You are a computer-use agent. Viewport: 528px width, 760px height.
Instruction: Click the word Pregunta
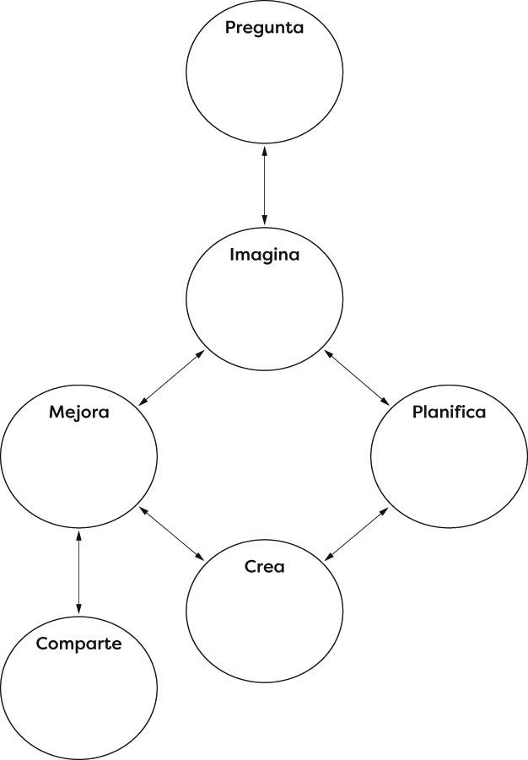[x=264, y=28]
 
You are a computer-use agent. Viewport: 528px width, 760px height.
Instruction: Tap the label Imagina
[x=264, y=254]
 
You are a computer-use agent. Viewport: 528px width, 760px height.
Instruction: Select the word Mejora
[x=78, y=412]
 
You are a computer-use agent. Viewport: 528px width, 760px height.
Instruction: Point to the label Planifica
[x=449, y=412]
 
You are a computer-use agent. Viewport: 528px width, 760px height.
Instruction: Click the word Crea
[x=264, y=566]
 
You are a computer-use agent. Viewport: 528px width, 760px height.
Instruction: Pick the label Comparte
[x=78, y=644]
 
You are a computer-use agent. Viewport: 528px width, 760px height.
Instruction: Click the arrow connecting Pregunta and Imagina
[x=265, y=186]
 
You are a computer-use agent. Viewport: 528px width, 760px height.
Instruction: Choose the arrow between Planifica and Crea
[x=357, y=532]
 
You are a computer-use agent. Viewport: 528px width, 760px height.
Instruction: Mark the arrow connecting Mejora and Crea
[x=172, y=533]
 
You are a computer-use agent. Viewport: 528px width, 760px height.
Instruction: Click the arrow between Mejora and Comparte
[x=78, y=571]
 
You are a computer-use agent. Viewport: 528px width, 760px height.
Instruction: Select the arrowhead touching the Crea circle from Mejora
[x=202, y=558]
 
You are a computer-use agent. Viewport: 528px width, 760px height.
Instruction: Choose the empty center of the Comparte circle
[x=78, y=700]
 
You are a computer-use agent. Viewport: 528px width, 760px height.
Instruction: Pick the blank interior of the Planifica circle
[x=449, y=468]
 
